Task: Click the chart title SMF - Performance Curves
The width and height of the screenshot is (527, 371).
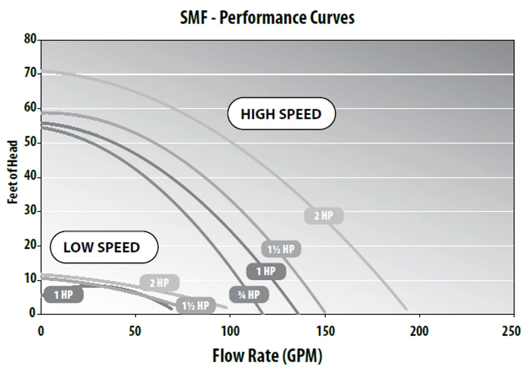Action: (267, 18)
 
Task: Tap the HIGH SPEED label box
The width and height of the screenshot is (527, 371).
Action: (281, 114)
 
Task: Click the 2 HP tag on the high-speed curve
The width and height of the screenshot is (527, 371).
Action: (324, 215)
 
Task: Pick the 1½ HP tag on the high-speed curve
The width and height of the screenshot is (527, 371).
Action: (281, 249)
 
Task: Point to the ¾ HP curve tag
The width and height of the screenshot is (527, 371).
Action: (249, 294)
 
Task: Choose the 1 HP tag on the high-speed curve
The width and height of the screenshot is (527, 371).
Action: (266, 271)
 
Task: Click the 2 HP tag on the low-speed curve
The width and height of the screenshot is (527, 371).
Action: (159, 283)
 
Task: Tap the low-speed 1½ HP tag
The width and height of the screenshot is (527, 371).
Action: (196, 306)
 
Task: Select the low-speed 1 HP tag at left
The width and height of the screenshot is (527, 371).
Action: (63, 295)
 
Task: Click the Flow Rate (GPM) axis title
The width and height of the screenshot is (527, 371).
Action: (267, 355)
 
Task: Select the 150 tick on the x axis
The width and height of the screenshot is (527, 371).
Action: (325, 331)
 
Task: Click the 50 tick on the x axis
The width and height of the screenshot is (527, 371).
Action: (135, 331)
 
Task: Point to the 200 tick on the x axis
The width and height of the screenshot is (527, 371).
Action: (419, 331)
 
